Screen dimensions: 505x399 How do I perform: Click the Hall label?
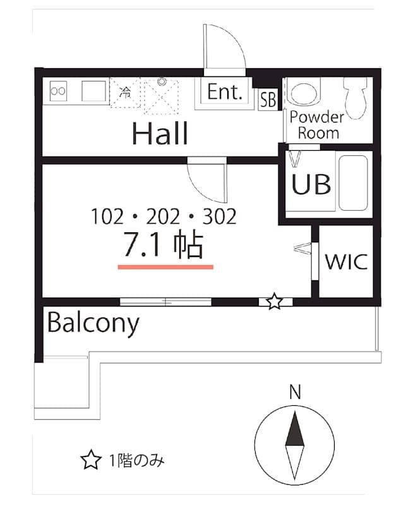(160, 133)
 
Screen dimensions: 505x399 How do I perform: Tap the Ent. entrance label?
(225, 93)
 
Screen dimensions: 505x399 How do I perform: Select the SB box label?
(268, 100)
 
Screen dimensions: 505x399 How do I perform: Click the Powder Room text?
(316, 124)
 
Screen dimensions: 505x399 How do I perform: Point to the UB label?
(311, 184)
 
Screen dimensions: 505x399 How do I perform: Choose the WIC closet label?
(346, 261)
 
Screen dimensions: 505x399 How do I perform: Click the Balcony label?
(93, 323)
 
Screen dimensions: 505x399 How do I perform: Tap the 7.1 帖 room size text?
(163, 246)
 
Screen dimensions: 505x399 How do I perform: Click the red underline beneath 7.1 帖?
(165, 266)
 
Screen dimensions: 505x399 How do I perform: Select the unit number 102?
(106, 217)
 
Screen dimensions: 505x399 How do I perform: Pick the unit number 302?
(219, 217)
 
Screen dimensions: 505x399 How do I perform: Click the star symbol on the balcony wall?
(274, 302)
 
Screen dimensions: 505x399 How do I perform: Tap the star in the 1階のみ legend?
(91, 460)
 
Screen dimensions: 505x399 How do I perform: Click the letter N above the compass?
(294, 391)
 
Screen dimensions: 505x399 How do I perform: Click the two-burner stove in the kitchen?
(58, 91)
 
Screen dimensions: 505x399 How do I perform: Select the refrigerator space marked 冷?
(125, 93)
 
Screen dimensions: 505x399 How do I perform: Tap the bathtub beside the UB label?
(352, 183)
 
